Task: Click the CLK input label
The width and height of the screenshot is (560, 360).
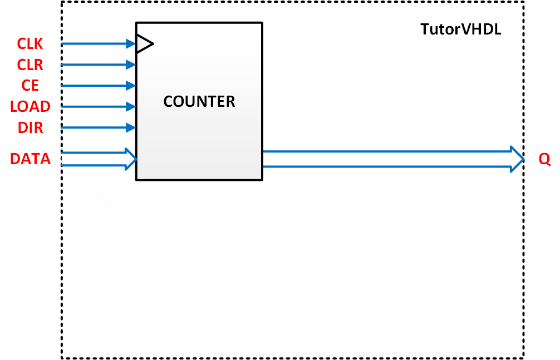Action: point(30,44)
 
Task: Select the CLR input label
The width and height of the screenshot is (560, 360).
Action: point(30,65)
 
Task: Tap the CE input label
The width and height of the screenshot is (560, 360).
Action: point(30,86)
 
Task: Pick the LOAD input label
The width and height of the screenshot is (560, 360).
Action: point(30,107)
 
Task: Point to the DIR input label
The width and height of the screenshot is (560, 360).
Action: point(30,127)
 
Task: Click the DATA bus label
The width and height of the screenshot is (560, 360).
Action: point(30,159)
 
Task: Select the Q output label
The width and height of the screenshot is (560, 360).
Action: point(544,160)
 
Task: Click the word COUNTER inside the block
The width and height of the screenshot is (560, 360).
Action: point(199,102)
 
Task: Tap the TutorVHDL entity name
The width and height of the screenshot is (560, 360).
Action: point(460,29)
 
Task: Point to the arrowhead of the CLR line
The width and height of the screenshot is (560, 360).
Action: point(131,65)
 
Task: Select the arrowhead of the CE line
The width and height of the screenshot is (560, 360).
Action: point(131,86)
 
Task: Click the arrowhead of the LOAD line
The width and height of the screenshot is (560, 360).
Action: point(131,106)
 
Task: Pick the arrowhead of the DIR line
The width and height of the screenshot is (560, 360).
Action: point(131,127)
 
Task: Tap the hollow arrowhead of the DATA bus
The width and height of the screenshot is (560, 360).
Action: point(130,159)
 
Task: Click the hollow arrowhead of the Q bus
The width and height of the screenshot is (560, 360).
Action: point(517,159)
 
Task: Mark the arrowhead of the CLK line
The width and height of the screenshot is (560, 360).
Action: point(131,43)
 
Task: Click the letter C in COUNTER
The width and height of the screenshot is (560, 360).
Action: point(168,102)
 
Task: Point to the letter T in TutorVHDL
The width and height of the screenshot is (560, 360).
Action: point(424,29)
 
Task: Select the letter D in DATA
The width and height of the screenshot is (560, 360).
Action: point(15,159)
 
